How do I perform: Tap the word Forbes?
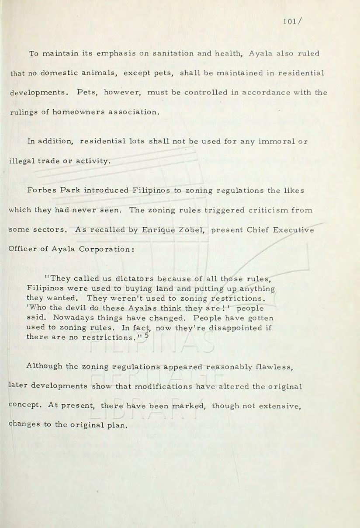pos(42,191)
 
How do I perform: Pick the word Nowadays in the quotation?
pos(69,318)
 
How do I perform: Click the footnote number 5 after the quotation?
pos(147,335)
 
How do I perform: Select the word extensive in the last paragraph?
pos(282,406)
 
